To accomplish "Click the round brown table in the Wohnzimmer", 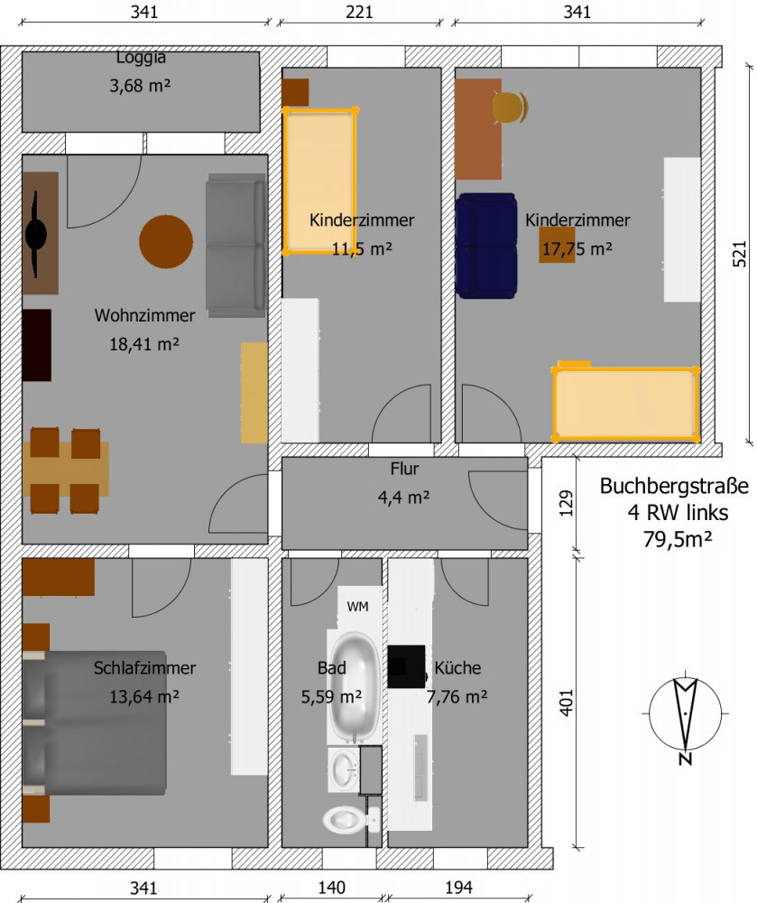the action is (x=166, y=241).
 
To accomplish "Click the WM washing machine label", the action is (x=357, y=607).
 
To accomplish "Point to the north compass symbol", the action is (x=685, y=720).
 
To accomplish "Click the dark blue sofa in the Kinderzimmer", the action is (x=486, y=246).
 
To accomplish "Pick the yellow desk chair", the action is (x=510, y=107).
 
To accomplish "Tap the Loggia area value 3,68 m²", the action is (x=140, y=86).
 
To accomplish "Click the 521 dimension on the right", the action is (x=740, y=254).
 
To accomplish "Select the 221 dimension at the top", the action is (x=359, y=12).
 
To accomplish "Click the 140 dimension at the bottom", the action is (x=331, y=888).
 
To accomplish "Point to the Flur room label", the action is (x=404, y=469).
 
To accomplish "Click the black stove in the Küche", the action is (x=406, y=666).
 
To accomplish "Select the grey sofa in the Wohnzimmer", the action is (x=235, y=246).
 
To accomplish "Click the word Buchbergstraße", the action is (x=674, y=486).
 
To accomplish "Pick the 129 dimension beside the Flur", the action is (x=567, y=503).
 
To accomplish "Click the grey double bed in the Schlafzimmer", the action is (x=95, y=722).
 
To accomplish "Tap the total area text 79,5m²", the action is (x=678, y=539).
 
